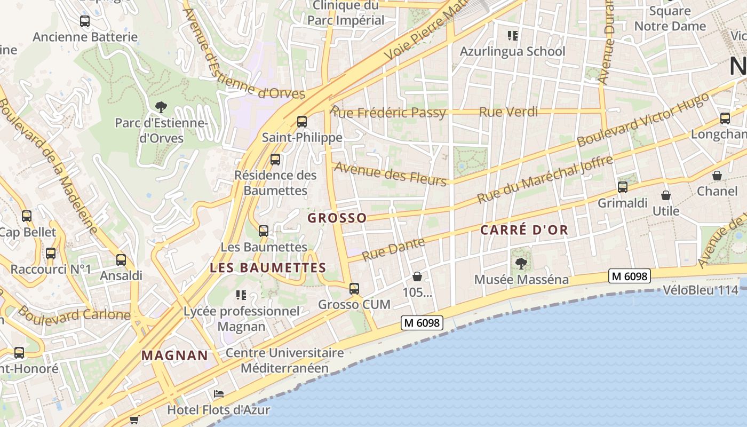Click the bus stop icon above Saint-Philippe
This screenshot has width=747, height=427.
tap(302, 122)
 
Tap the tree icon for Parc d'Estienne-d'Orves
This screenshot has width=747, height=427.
tap(161, 107)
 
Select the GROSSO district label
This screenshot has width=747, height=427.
tap(337, 218)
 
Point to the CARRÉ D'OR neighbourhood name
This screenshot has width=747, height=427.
tap(524, 230)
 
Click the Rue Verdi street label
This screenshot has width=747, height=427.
tap(508, 112)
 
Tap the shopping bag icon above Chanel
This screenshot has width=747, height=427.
tap(717, 176)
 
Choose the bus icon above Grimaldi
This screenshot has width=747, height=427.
tap(622, 187)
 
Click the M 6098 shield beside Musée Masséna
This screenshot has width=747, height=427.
tap(630, 276)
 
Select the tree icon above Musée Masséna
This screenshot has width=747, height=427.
tap(521, 263)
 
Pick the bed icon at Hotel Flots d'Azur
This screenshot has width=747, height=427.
tap(218, 394)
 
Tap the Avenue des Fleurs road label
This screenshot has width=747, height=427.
tap(390, 175)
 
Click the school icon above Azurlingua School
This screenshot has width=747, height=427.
tap(512, 36)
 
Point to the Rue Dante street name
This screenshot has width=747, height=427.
tap(393, 249)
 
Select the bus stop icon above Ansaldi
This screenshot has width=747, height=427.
tap(121, 260)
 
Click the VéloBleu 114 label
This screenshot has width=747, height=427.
tap(700, 290)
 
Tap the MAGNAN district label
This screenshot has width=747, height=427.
tap(174, 355)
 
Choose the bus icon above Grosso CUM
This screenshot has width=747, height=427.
tap(354, 289)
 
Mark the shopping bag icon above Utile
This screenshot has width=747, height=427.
tap(665, 196)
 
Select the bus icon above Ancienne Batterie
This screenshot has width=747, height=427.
tap(85, 21)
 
